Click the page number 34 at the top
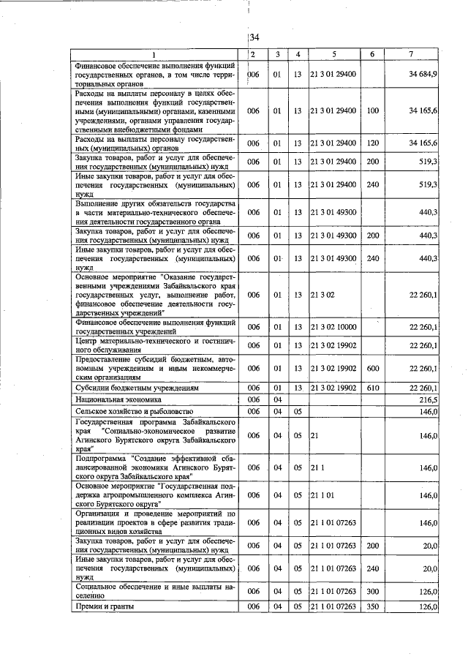point(254,38)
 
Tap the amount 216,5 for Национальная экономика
point(426,400)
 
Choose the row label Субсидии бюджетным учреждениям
point(132,388)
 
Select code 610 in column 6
point(372,388)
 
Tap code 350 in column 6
point(372,607)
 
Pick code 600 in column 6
point(372,368)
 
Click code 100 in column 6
point(372,110)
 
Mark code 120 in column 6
point(372,142)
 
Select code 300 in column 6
point(372,591)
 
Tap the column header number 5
point(333,54)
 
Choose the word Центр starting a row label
point(88,340)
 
